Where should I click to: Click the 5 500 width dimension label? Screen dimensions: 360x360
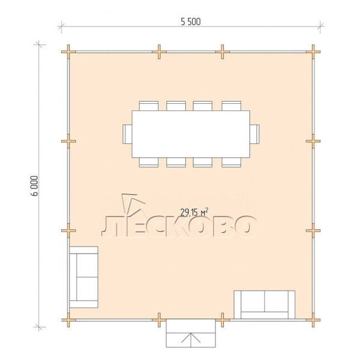coord(191,22)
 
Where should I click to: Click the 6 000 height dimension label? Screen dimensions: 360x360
coord(34,186)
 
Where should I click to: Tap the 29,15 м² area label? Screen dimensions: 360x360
coord(194,212)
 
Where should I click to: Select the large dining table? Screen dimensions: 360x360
coord(191,134)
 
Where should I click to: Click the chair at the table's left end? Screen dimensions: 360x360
coord(127,134)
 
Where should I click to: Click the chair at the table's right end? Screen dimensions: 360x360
coord(254,134)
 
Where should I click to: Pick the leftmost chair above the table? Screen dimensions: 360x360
coord(149,106)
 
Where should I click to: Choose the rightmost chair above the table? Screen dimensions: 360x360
coord(231,106)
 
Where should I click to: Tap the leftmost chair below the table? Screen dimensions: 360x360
coord(149,163)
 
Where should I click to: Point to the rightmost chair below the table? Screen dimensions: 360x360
coord(231,163)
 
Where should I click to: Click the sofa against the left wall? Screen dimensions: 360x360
coord(83,277)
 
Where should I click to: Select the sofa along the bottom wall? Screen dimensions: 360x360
coord(265,305)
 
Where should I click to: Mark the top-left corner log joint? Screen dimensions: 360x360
coord(68,52)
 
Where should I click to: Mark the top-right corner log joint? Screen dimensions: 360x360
coord(313,52)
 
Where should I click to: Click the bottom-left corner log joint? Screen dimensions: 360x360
coord(68,320)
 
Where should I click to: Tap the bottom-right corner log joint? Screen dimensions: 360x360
coord(313,320)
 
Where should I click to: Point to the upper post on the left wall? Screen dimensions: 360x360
coord(68,141)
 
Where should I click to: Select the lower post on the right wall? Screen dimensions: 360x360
coord(313,230)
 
